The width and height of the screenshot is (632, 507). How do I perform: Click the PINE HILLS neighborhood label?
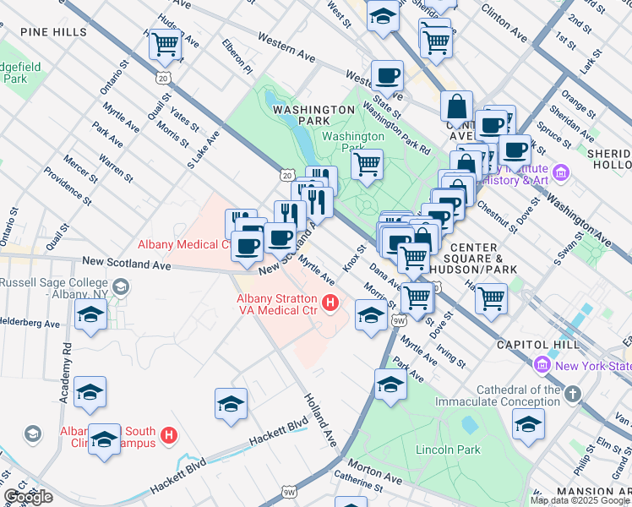[55, 32]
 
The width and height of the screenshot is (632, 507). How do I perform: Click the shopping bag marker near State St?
[456, 107]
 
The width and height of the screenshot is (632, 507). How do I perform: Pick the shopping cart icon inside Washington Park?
[367, 164]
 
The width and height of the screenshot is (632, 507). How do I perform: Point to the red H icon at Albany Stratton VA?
[331, 303]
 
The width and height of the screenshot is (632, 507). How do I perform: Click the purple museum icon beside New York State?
[542, 364]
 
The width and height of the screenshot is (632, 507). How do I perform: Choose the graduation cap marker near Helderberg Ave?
[90, 316]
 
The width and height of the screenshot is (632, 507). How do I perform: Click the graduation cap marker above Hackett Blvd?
[231, 404]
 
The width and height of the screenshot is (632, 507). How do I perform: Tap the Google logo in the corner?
[29, 497]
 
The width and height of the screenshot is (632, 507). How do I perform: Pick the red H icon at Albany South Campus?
[169, 436]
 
